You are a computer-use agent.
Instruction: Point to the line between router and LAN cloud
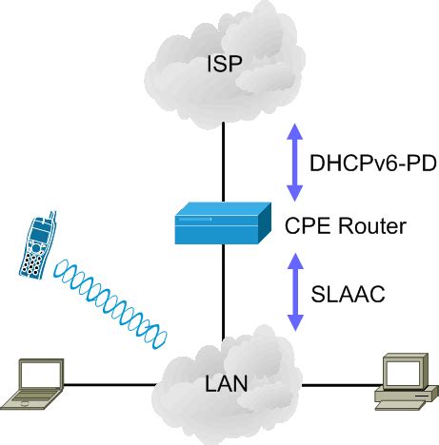[x=223, y=295]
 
